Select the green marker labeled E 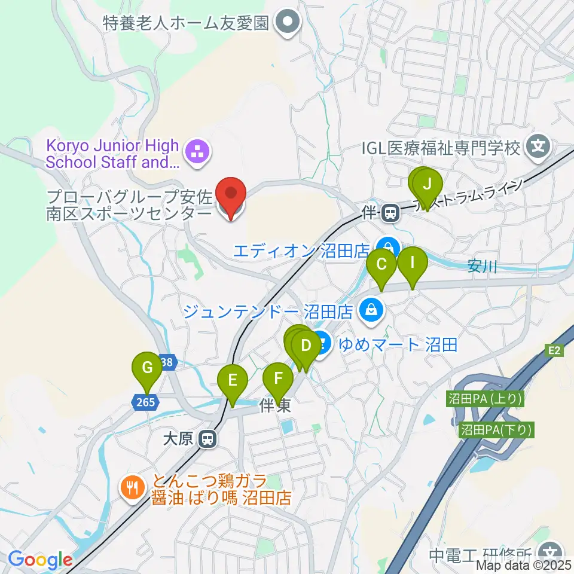point(233,380)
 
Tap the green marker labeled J point(427,185)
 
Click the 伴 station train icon point(391,212)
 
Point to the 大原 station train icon point(207,439)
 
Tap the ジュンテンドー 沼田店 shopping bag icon point(371,310)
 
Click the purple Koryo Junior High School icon point(198,152)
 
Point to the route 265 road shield point(145,403)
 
